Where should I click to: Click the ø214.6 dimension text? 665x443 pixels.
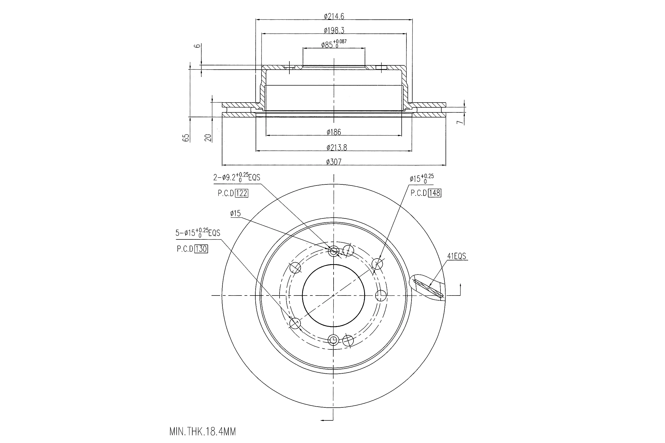[x=334, y=16]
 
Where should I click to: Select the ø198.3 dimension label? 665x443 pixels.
[x=334, y=30]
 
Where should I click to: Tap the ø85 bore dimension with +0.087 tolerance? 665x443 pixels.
[x=334, y=44]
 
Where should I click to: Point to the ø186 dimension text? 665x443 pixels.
[x=334, y=132]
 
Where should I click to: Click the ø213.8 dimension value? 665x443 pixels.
[x=336, y=147]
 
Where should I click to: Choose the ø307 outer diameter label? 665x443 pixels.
[x=334, y=162]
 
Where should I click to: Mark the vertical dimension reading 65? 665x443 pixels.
[x=186, y=138]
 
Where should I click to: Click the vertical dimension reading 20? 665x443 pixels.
[x=208, y=138]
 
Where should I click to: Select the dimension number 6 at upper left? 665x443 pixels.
[x=198, y=46]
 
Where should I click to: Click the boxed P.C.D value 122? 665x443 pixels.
[x=242, y=193]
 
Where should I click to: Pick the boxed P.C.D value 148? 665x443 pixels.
[x=435, y=193]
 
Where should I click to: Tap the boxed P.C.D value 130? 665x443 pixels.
[x=201, y=249]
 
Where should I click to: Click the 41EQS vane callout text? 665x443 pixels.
[x=456, y=256]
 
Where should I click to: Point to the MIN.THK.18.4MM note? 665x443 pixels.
[x=202, y=432]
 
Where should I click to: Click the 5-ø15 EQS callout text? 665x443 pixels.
[x=198, y=233]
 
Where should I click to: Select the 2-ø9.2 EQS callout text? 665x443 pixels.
[x=237, y=178]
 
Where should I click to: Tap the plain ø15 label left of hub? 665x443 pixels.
[x=235, y=213]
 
